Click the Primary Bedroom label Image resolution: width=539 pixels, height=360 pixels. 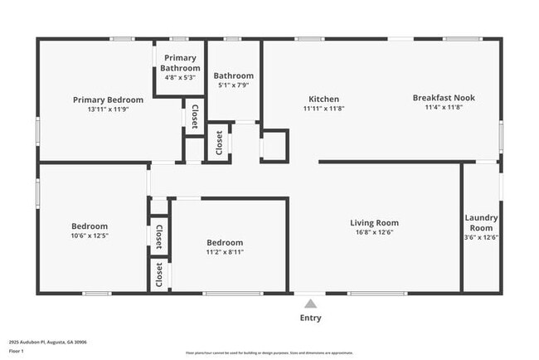click(x=108, y=100)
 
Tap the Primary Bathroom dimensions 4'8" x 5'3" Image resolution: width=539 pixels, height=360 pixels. click(x=181, y=78)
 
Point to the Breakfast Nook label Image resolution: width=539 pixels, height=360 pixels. click(x=444, y=97)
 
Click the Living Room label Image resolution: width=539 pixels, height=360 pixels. click(x=374, y=222)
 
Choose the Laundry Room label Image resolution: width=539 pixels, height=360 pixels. click(x=481, y=222)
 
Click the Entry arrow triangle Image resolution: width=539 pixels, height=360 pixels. click(x=310, y=304)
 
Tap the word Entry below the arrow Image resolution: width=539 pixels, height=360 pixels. click(x=310, y=318)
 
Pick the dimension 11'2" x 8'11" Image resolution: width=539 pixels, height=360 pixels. click(x=225, y=252)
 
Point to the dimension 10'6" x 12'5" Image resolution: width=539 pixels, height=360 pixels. click(x=89, y=236)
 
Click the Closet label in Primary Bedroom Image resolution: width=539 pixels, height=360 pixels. click(x=194, y=116)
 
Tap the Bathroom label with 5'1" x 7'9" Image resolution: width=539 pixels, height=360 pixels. click(x=233, y=75)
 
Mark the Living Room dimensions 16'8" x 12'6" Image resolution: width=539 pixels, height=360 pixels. click(x=374, y=232)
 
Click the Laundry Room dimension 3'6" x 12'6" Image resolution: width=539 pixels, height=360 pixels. click(x=481, y=237)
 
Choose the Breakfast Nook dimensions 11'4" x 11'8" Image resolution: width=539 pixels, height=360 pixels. click(x=444, y=107)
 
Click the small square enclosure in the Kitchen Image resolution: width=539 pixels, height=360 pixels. click(x=274, y=144)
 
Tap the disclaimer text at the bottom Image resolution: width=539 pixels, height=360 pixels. click(x=269, y=353)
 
